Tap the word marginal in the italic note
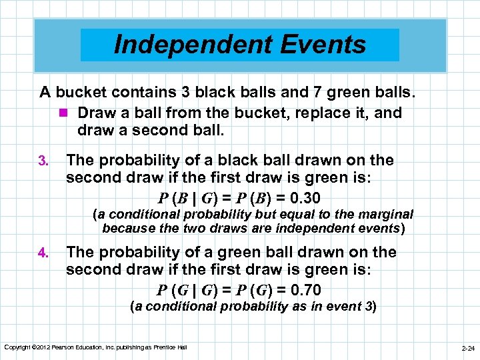(x=386, y=215)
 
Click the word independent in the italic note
(x=297, y=228)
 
